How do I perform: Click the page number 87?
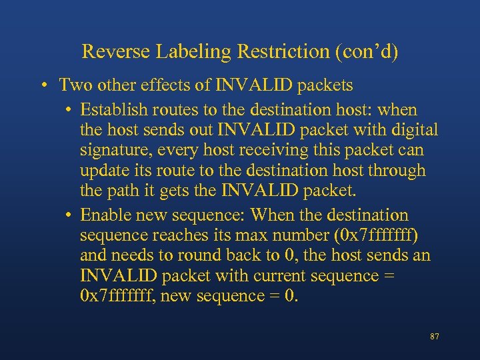tap(434, 337)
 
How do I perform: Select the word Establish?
tap(115, 109)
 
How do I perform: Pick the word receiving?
tap(285, 150)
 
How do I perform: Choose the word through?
tap(393, 171)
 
